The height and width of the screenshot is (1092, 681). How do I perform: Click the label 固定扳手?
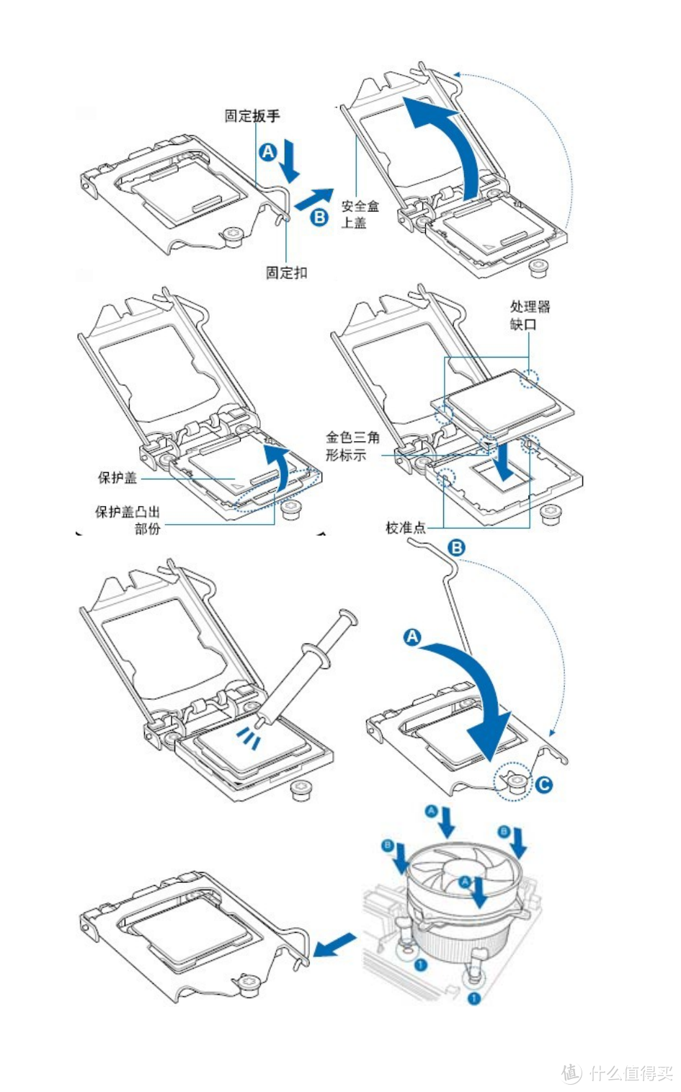pyautogui.click(x=252, y=115)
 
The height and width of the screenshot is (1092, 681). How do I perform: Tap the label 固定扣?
pyautogui.click(x=286, y=272)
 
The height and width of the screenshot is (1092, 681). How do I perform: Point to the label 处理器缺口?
pyautogui.click(x=530, y=315)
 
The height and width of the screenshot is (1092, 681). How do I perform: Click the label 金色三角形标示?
pyautogui.click(x=352, y=445)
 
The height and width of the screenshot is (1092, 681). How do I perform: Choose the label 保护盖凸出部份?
pyautogui.click(x=128, y=520)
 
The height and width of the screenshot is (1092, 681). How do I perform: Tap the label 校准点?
pyautogui.click(x=405, y=528)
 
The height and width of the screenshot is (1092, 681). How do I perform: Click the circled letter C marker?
pyautogui.click(x=543, y=783)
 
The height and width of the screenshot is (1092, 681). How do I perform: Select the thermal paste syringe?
pyautogui.click(x=306, y=667)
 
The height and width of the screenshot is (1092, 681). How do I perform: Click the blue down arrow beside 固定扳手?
pyautogui.click(x=290, y=160)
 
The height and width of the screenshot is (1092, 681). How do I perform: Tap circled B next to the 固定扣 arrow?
pyautogui.click(x=319, y=216)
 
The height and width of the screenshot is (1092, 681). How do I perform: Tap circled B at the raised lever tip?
pyautogui.click(x=456, y=547)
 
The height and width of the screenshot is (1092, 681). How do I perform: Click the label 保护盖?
pyautogui.click(x=117, y=477)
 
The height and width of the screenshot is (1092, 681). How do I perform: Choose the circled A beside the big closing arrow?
pyautogui.click(x=412, y=637)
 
